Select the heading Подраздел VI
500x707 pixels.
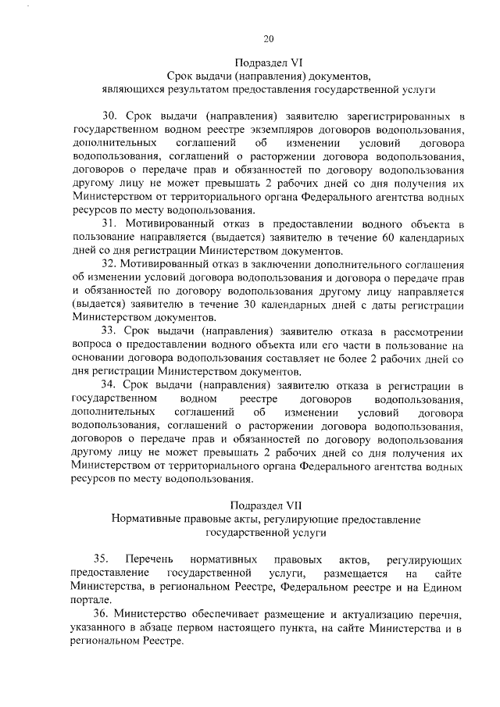click(268, 62)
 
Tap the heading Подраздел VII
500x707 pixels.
click(268, 505)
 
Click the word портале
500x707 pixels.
click(90, 600)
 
